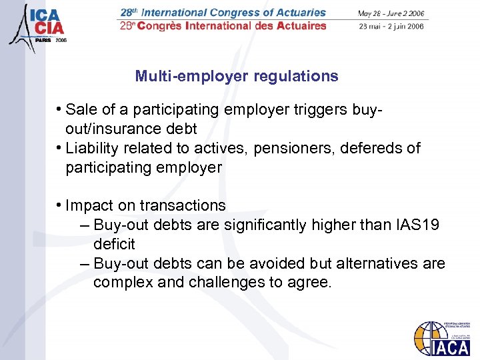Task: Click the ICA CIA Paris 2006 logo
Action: [39, 25]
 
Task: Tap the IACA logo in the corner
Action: [441, 339]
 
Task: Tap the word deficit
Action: [114, 244]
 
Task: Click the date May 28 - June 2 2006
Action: [391, 13]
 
